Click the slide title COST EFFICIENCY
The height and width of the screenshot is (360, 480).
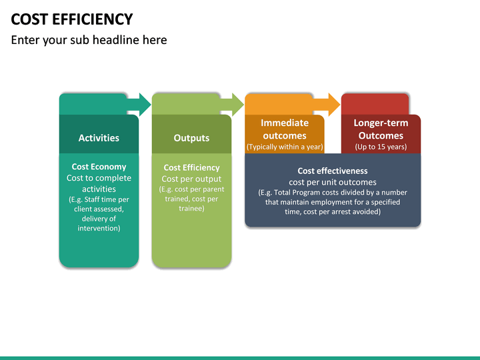point(72,19)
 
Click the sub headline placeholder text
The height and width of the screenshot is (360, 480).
point(89,40)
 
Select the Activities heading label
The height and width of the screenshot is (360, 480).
point(99,138)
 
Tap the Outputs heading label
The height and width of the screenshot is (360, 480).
point(191,138)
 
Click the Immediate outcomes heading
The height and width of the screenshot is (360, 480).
point(285,129)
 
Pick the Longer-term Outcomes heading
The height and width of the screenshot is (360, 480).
point(381,129)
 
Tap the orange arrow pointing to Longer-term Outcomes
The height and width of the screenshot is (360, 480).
point(327,104)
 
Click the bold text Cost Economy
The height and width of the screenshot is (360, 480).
point(99,167)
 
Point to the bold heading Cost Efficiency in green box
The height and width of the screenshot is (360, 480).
point(191,167)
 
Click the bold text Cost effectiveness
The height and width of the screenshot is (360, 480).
point(332,171)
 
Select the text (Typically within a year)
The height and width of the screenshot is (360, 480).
point(285,147)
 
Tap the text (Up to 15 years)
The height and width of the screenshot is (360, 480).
point(381,147)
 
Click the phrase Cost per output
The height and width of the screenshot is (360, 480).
point(191,179)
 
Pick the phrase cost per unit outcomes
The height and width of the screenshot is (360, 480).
point(332,182)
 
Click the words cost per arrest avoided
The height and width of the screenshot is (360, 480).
point(345,212)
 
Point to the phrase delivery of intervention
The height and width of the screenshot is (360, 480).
point(99,223)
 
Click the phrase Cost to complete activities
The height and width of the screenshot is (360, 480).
point(99,183)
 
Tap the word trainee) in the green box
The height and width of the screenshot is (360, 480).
point(191,209)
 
